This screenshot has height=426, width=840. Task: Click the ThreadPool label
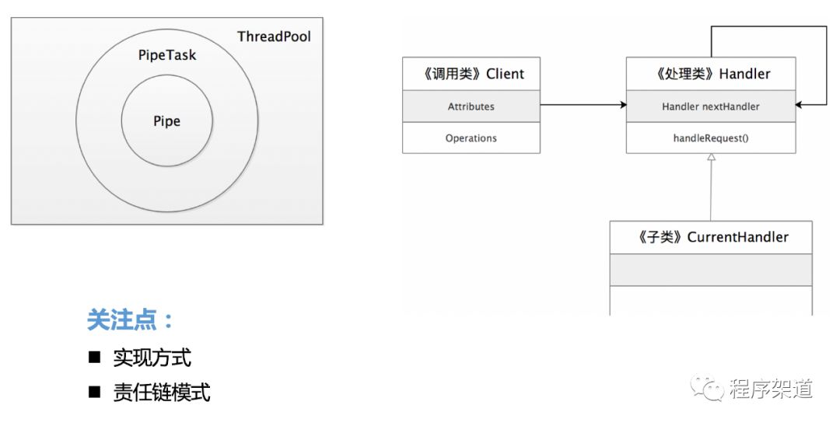click(x=274, y=37)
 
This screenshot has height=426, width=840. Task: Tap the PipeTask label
click(x=166, y=56)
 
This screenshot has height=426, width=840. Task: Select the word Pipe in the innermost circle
click(x=166, y=121)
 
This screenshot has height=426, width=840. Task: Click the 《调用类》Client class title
click(x=471, y=74)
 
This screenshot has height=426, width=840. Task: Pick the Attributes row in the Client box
click(x=471, y=106)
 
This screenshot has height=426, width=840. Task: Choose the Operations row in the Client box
click(x=471, y=138)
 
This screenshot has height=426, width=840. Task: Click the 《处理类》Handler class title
click(x=711, y=74)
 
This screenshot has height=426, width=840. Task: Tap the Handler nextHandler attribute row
click(x=711, y=106)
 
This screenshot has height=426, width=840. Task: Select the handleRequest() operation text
click(x=711, y=138)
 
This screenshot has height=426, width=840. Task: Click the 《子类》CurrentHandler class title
click(x=710, y=237)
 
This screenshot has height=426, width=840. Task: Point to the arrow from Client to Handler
click(x=583, y=104)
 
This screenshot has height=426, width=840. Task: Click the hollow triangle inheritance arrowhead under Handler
click(x=711, y=158)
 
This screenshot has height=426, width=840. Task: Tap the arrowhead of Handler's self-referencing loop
click(x=801, y=104)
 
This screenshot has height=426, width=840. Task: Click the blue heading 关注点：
click(x=131, y=320)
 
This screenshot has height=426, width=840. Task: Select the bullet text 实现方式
click(x=152, y=358)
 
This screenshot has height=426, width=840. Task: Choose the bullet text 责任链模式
click(x=162, y=392)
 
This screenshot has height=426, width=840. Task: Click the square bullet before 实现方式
click(x=95, y=358)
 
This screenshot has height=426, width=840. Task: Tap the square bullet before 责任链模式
click(x=95, y=392)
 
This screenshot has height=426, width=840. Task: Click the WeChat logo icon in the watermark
click(x=709, y=387)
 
